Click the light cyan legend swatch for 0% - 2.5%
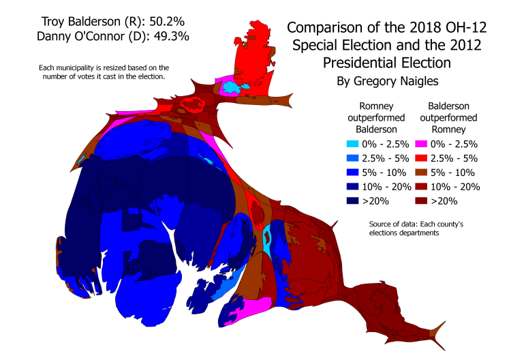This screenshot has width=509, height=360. (x=352, y=144)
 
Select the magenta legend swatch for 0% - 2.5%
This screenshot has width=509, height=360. (x=422, y=144)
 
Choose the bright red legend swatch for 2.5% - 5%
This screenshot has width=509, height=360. (x=422, y=158)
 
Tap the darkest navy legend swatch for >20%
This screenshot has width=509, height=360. (x=352, y=201)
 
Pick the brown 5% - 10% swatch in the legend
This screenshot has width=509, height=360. (x=422, y=172)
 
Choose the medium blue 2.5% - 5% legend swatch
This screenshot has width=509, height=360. (x=352, y=158)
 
